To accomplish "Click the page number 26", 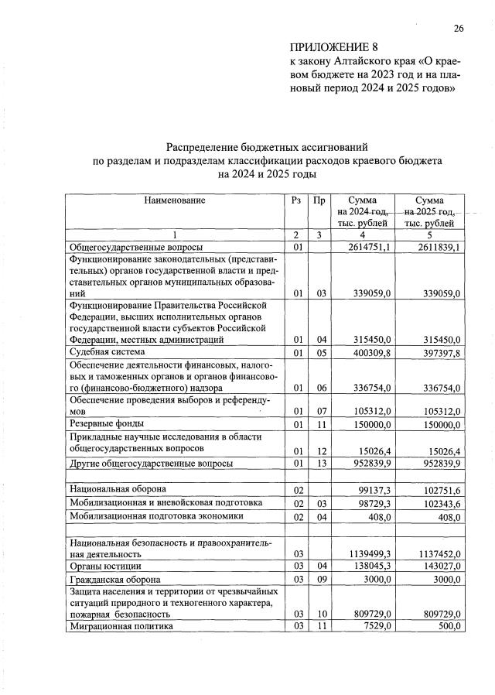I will (458, 29).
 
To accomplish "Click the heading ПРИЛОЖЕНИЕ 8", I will (324, 48).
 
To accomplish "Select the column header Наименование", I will (175, 200).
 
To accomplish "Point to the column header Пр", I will (319, 200).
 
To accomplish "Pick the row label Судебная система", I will (109, 352).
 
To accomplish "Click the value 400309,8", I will (369, 353).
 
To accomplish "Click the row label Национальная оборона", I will (118, 488).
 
